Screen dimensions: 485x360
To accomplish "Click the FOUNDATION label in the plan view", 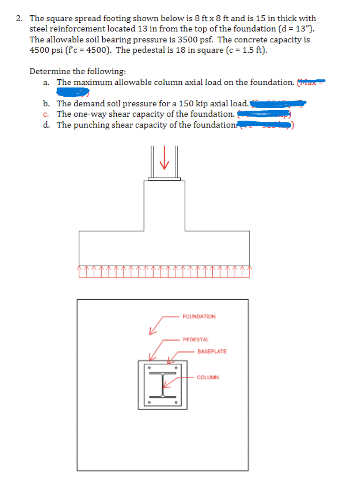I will click(199, 316).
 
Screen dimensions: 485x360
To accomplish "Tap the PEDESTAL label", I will click(196, 340).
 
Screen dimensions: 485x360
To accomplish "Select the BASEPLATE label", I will click(212, 352).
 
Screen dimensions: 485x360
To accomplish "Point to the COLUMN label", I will click(208, 378).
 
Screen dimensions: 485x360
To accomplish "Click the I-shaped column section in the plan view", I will click(162, 384).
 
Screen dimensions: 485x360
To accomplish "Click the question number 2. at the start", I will click(20, 18).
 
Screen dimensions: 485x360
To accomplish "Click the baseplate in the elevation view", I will click(164, 179).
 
